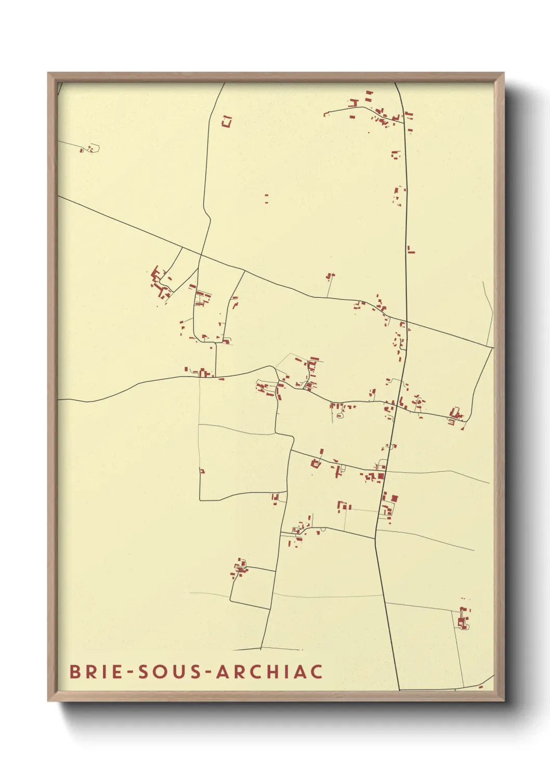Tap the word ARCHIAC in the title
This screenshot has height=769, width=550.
[x=269, y=671]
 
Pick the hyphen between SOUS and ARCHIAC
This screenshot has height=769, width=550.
[x=207, y=672]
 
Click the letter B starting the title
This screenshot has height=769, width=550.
[x=75, y=671]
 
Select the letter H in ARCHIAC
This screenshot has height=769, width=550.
[x=273, y=671]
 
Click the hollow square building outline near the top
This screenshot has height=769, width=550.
[x=226, y=122]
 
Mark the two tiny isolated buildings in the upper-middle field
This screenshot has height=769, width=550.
[x=267, y=198]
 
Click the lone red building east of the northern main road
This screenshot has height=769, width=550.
[x=411, y=250]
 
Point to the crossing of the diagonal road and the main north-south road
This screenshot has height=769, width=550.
[x=406, y=322]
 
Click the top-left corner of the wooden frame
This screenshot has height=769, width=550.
[x=48, y=73]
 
